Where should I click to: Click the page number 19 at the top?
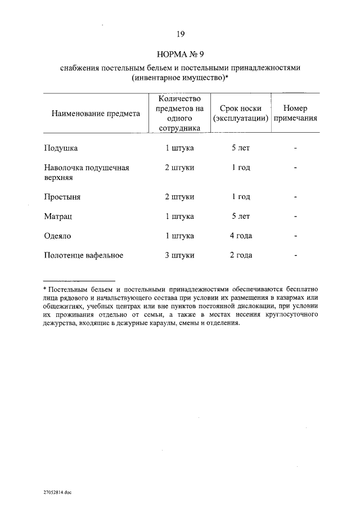(180, 34)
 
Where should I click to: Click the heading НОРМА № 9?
(180, 55)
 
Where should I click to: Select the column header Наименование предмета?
(96, 113)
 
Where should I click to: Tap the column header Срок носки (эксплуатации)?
(240, 113)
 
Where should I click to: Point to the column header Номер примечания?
(295, 113)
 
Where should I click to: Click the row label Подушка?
(61, 148)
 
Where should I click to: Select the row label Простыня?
(62, 197)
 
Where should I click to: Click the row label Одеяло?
(58, 236)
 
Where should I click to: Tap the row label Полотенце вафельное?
(83, 255)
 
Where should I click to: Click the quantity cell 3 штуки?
(179, 255)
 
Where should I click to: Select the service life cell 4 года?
(240, 236)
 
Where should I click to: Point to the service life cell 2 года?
(240, 255)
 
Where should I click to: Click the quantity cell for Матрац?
(179, 216)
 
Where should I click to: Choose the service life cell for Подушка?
(240, 148)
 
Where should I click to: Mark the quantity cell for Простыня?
(179, 197)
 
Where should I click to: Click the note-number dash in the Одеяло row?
(295, 236)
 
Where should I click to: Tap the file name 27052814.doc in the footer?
(57, 492)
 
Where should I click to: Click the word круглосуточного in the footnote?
(291, 315)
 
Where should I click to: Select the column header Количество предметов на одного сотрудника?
(180, 113)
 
